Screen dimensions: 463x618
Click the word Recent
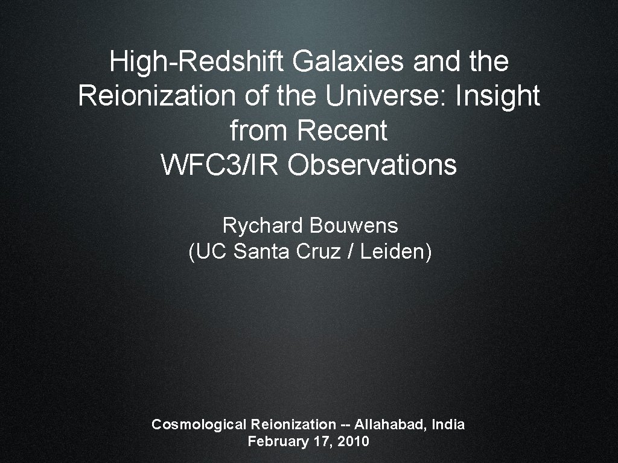(x=342, y=131)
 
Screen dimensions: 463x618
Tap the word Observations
(x=372, y=165)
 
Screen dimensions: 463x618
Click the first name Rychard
(x=263, y=226)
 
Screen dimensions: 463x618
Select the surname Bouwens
(x=354, y=226)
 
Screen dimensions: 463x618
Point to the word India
(x=449, y=424)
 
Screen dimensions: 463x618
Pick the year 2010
(x=353, y=441)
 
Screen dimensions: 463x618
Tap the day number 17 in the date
(x=320, y=441)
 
